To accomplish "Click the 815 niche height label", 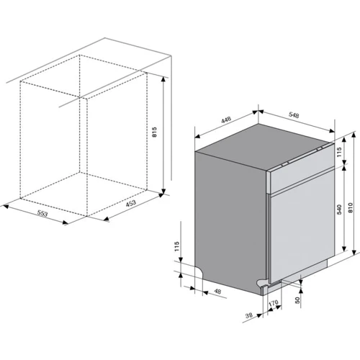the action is point(154,132).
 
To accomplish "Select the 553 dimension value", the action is point(42,213).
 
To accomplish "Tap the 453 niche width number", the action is point(131,203).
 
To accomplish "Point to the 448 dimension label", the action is point(226,120).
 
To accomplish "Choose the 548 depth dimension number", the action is point(294,115).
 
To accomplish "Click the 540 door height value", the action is point(339,210).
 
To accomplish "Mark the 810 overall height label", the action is point(351,208).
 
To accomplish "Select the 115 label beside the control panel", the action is point(339,152).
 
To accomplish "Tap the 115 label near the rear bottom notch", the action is point(177,246).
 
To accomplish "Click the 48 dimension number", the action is point(217,292).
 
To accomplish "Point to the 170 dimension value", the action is point(273,303).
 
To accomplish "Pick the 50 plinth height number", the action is point(297,300).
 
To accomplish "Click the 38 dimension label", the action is point(249,315).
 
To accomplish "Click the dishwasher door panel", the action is point(302,225).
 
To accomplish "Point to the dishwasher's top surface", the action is point(264,146).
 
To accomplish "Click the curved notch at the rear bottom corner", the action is point(199,271).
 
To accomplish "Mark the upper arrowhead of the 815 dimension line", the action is point(163,79).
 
